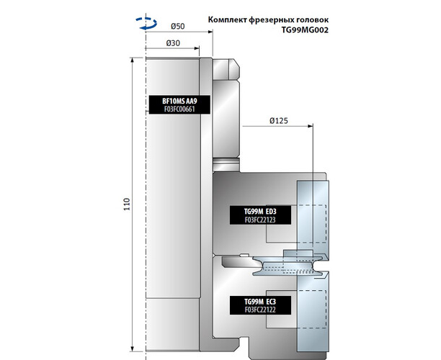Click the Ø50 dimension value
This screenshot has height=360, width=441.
click(178, 27)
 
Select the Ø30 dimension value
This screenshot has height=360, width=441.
click(173, 43)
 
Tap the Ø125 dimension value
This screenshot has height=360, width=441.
click(279, 121)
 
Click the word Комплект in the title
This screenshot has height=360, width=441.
click(230, 19)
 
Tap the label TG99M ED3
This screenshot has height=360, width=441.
click(261, 211)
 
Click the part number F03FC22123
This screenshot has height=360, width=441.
click(261, 220)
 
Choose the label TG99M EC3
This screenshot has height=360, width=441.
click(261, 300)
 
